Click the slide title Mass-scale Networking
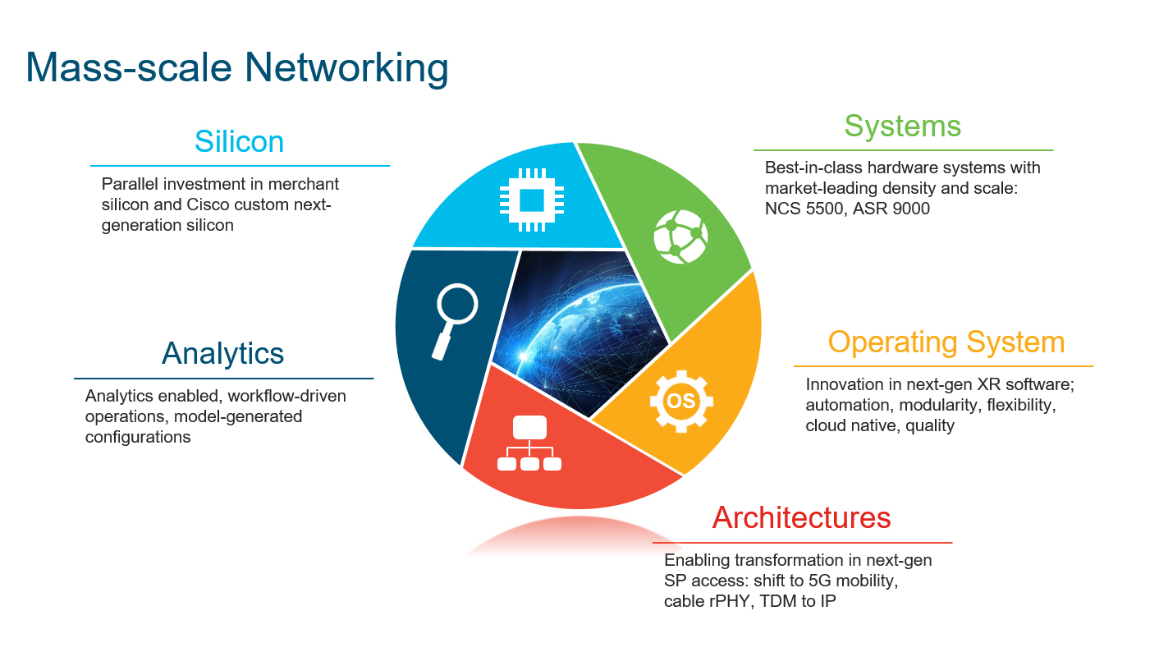click(237, 67)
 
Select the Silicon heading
click(239, 142)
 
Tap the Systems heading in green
click(902, 126)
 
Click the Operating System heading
click(946, 342)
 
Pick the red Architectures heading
click(801, 518)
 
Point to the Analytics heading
click(222, 353)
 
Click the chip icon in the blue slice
click(532, 199)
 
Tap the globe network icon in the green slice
click(680, 235)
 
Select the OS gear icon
click(681, 402)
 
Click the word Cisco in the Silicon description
click(178, 204)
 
